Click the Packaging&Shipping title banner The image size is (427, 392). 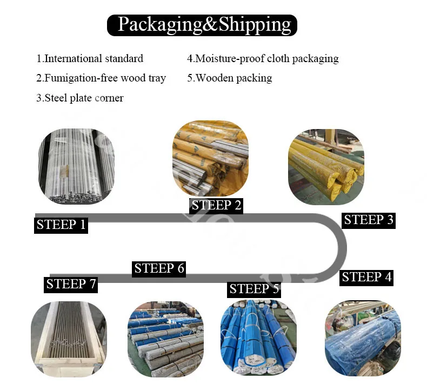(202, 25)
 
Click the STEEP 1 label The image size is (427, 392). (61, 225)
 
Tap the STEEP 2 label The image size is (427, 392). (217, 205)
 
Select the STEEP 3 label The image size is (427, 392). (369, 220)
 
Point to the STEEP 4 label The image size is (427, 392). (366, 277)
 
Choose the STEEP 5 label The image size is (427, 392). (254, 289)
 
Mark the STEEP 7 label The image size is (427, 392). (71, 284)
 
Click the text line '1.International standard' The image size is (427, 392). (90, 58)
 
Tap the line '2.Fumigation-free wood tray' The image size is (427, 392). (101, 78)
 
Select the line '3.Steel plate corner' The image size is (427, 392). (80, 98)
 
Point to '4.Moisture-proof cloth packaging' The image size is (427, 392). (263, 58)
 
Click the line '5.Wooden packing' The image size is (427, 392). (230, 78)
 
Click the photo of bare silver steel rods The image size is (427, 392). (77, 162)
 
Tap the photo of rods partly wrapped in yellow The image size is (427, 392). (210, 158)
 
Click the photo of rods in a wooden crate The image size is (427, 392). (68, 339)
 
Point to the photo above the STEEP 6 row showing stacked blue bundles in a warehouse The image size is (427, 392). (165, 339)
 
